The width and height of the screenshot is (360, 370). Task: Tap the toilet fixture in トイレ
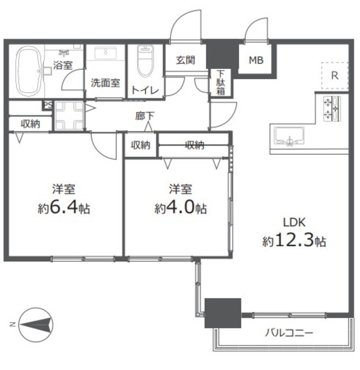click(145, 61)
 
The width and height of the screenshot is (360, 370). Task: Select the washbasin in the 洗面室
click(105, 53)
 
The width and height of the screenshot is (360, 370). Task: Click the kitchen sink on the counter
click(289, 136)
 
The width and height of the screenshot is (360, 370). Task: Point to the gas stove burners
click(332, 109)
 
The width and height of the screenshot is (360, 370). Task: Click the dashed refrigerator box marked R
click(335, 76)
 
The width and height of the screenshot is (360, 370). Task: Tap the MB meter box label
click(256, 60)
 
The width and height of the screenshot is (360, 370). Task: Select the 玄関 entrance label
click(186, 60)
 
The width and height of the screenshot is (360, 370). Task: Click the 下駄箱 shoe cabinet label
click(221, 83)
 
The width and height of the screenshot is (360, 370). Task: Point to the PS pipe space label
click(48, 105)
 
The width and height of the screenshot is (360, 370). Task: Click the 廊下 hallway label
click(145, 116)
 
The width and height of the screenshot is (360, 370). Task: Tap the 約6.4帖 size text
click(64, 208)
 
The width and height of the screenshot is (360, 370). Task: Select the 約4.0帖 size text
click(181, 208)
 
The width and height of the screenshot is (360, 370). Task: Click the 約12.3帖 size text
click(294, 240)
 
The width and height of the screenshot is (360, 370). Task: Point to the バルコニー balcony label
click(289, 333)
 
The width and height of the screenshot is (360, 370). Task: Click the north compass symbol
click(36, 324)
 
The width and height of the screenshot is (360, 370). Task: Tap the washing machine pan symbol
click(69, 116)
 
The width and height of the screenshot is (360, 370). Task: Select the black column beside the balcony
click(223, 313)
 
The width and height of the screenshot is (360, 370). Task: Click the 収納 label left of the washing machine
click(31, 124)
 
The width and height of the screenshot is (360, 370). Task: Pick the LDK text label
click(295, 222)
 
